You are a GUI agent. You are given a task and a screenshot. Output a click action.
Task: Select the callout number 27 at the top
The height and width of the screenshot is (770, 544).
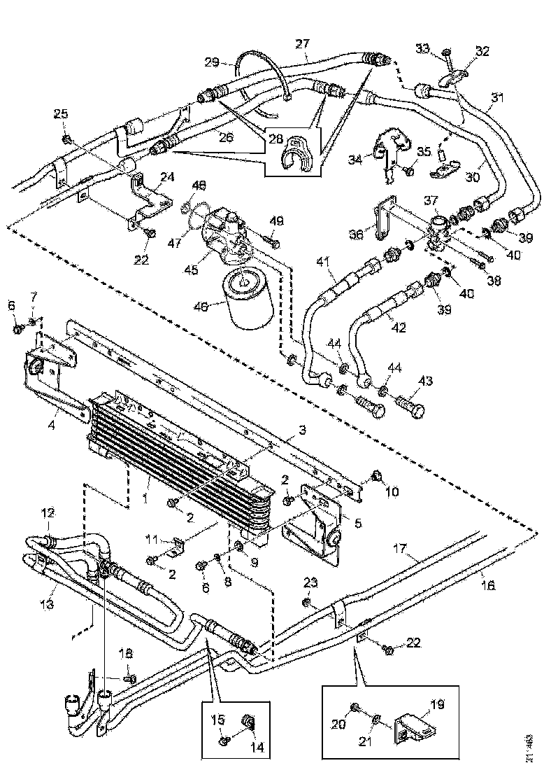(302, 43)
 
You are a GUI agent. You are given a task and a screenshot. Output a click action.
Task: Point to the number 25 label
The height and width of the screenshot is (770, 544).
(62, 114)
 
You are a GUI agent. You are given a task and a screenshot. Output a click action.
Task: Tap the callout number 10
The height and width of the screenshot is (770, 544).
(392, 492)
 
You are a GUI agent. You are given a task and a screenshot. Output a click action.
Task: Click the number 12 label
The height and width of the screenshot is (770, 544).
(48, 514)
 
